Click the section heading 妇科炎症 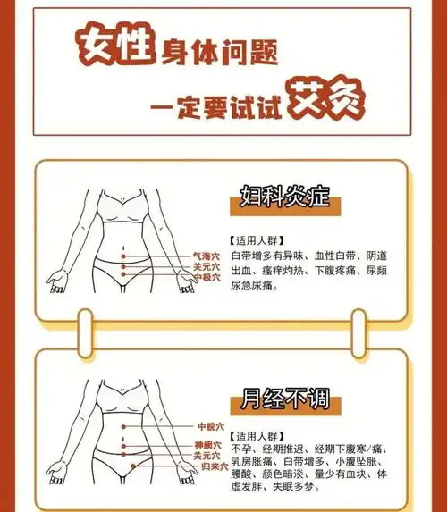(279, 195)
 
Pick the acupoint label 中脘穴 (209, 426)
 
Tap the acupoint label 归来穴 (215, 466)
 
